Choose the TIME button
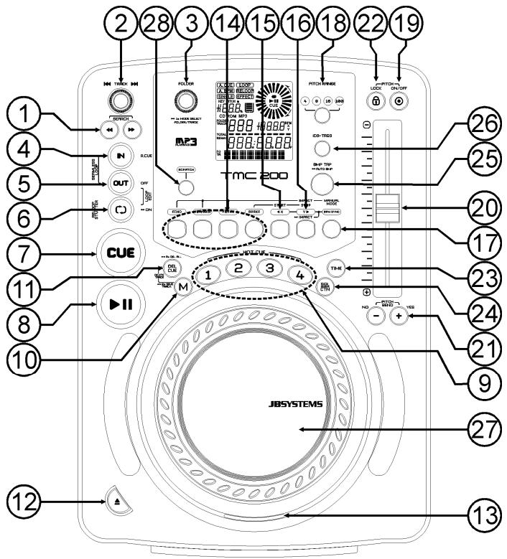point(337,268)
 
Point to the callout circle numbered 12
point(22,495)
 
